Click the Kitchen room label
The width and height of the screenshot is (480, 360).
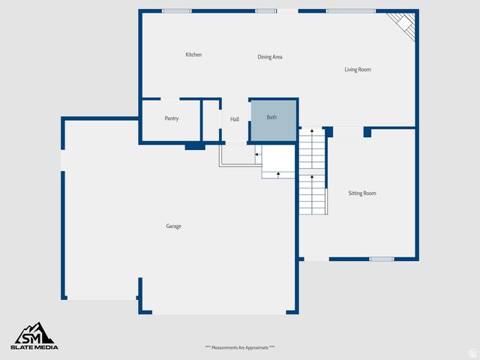click(193, 55)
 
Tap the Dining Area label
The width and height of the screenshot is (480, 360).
click(270, 57)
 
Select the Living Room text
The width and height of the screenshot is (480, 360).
click(358, 70)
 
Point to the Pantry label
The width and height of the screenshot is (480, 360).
click(171, 118)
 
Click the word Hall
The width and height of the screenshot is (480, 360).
click(235, 119)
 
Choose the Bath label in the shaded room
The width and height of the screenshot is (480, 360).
click(271, 117)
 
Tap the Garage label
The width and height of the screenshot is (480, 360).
click(173, 226)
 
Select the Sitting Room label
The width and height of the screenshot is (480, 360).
click(362, 193)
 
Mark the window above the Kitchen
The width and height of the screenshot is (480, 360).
click(176, 11)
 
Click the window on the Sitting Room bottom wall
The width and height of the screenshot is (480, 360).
click(381, 259)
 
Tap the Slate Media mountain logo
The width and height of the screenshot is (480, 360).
click(34, 334)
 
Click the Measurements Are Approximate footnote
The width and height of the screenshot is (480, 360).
click(240, 347)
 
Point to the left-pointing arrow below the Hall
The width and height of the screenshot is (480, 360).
click(257, 154)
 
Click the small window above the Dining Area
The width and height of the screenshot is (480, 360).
click(265, 11)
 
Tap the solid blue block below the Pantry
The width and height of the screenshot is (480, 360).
click(195, 146)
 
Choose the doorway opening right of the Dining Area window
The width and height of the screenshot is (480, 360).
click(288, 11)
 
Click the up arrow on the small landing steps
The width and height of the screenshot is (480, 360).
click(278, 174)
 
